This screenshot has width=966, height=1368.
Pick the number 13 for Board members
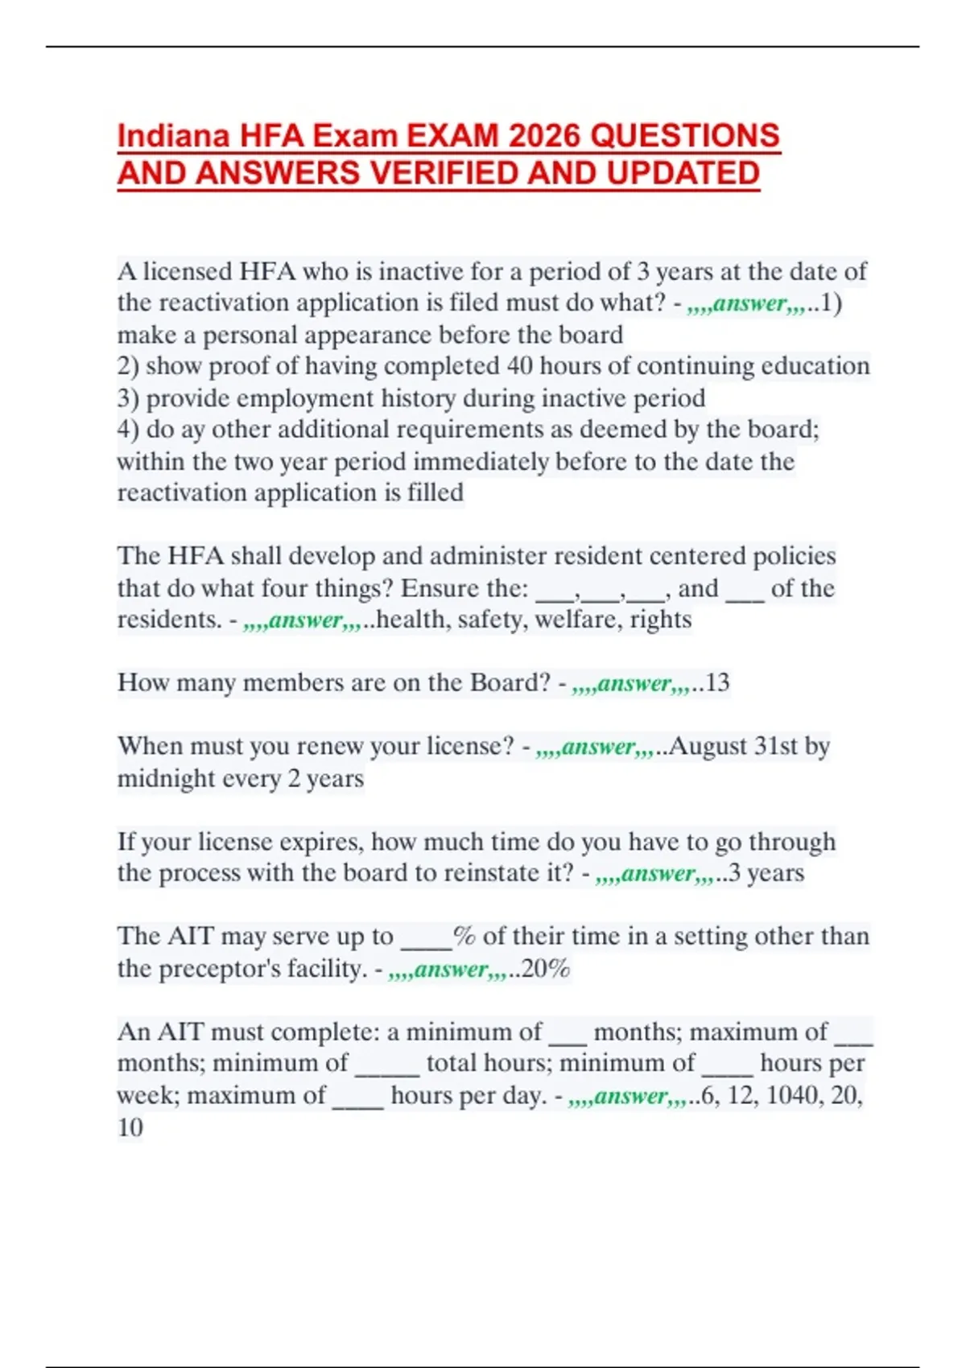pyautogui.click(x=716, y=683)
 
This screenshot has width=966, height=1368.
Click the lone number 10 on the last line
pyautogui.click(x=130, y=1127)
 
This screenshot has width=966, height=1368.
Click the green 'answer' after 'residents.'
pyautogui.click(x=306, y=620)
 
